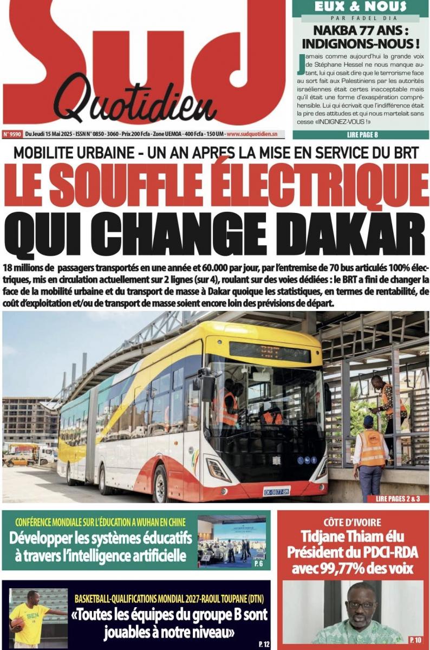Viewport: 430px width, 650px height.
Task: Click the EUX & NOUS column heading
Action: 360,6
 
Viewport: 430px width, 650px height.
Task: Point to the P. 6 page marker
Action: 259,564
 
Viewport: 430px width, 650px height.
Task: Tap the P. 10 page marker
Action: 415,640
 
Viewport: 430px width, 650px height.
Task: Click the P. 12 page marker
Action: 264,643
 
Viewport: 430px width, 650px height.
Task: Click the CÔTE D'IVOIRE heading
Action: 353,523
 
